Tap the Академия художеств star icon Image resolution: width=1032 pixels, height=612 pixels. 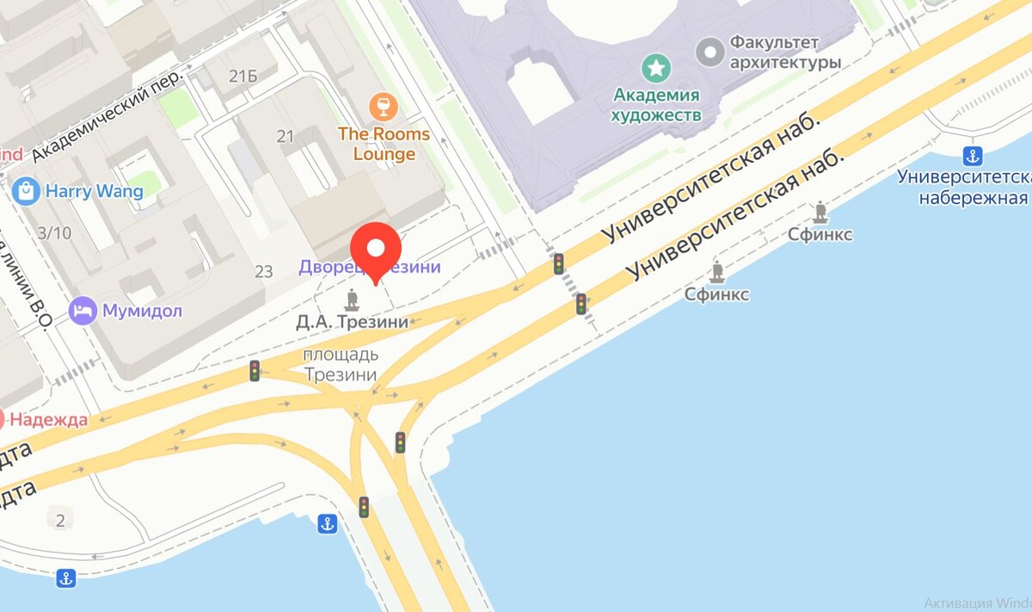click(656, 66)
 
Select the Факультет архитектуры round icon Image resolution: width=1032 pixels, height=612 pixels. click(710, 52)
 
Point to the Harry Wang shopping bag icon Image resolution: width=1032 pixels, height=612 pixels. click(27, 190)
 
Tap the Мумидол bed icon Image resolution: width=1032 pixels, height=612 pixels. click(83, 311)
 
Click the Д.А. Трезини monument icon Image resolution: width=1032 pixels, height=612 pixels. click(351, 300)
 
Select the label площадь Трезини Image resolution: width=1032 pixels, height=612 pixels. click(341, 365)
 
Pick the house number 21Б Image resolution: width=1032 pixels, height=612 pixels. click(243, 77)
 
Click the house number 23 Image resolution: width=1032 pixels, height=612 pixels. click(264, 272)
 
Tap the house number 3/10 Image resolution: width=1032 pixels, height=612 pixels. click(55, 232)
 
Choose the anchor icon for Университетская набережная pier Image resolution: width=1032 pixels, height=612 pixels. click(973, 156)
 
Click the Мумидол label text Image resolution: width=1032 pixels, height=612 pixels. click(143, 311)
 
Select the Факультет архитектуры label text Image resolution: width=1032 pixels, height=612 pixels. click(784, 52)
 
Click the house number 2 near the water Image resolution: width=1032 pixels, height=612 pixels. click(59, 520)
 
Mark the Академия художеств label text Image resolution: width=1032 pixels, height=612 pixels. click(656, 104)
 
